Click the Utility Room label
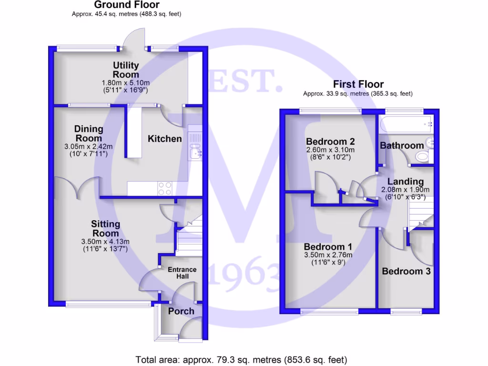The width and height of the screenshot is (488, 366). (x=126, y=70)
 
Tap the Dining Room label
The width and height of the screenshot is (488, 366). (x=89, y=133)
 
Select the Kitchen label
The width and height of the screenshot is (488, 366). (x=164, y=139)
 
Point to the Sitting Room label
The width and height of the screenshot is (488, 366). (x=105, y=229)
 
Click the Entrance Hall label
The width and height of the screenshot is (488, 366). (x=182, y=273)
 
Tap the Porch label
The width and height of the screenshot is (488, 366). (x=181, y=311)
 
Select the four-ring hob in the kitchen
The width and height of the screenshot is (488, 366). (x=164, y=189)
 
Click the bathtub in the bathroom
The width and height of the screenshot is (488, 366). (x=405, y=125)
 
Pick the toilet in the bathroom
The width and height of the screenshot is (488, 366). (x=422, y=156)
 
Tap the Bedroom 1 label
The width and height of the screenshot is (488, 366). (x=328, y=247)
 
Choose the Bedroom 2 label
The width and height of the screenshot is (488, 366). (x=330, y=142)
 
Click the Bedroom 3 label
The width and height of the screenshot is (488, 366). (x=407, y=271)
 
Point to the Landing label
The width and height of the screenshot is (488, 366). (x=405, y=182)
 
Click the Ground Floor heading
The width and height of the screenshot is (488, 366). (x=126, y=5)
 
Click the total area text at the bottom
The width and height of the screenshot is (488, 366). (x=241, y=359)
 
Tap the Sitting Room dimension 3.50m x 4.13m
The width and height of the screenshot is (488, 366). (x=105, y=242)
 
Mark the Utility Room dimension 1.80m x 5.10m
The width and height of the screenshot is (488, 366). (x=126, y=82)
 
